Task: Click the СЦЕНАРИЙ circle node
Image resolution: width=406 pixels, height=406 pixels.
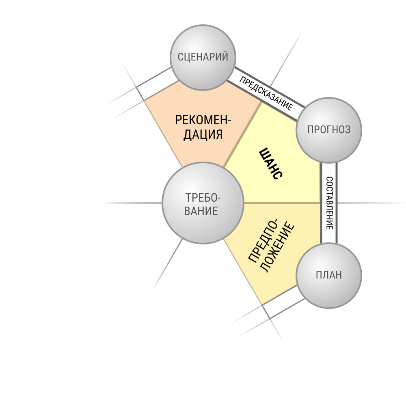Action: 203,58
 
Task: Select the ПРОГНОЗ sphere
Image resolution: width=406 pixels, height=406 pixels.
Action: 329,130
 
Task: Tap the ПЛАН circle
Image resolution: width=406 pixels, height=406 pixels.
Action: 329,276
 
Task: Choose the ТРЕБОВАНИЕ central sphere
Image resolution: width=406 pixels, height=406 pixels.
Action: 203,203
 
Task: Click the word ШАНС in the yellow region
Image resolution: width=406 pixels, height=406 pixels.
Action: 271,164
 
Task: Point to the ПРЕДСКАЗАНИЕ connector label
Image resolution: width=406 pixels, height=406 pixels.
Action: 266,93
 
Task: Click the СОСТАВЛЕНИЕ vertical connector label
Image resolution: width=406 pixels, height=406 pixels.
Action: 329,203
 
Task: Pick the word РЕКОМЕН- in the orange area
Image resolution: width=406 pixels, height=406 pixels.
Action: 203,120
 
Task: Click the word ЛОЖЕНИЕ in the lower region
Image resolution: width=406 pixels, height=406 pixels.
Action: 277,248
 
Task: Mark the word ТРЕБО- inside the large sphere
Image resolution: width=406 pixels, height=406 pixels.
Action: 203,198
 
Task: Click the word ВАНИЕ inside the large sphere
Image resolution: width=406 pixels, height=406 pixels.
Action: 201,211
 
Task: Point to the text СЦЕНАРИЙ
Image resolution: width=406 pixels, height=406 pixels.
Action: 203,57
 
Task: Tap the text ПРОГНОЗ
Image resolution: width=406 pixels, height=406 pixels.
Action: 329,130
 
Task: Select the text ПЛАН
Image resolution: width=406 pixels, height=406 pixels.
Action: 329,275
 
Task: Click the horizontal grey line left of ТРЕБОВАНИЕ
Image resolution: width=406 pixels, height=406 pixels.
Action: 132,203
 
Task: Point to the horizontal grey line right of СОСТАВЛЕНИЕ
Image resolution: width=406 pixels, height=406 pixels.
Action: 371,203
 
